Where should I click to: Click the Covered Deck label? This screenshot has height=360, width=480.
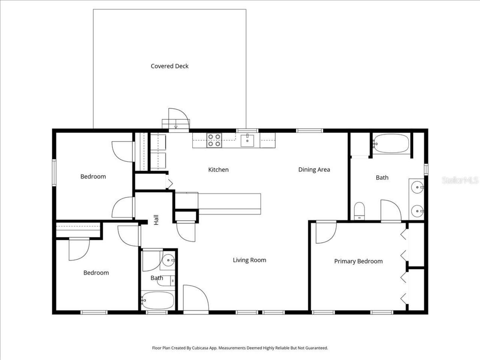pos(169,66)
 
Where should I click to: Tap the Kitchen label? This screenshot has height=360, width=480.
pos(218,170)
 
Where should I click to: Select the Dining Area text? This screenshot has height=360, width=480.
pos(314,170)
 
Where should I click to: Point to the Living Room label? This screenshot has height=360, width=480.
pos(249,260)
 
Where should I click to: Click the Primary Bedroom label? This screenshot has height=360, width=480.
pos(358,261)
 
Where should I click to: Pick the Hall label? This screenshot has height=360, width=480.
pos(156,220)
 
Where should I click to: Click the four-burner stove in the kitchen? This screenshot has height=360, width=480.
pos(214,140)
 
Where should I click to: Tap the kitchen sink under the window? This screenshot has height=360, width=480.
pos(247,141)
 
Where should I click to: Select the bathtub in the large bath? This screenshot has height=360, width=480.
pos(390,144)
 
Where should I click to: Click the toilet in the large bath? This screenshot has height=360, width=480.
pos(359,211)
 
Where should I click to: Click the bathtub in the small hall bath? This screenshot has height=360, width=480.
pos(158,300)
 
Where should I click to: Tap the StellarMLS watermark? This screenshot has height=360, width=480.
pos(460,180)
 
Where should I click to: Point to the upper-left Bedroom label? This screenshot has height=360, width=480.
pos(93,177)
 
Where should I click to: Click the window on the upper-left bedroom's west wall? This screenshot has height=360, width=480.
pos(54,172)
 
